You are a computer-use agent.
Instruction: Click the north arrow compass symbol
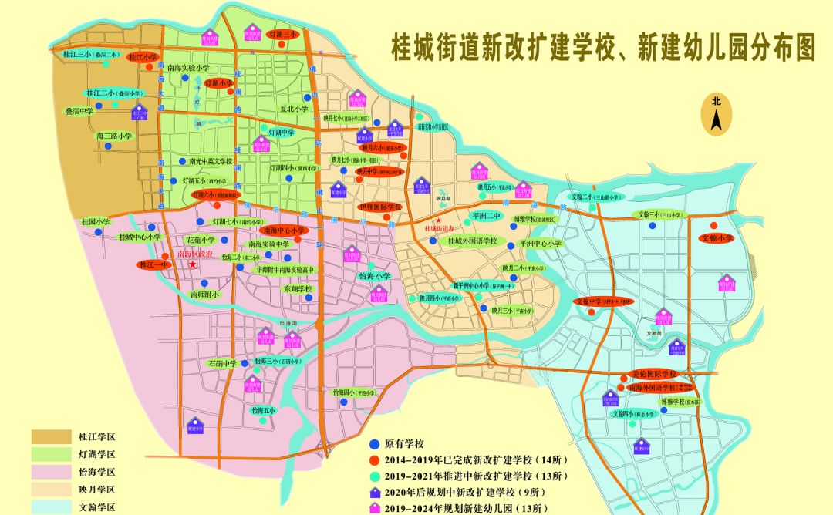(x=716, y=115)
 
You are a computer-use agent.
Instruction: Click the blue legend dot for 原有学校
(x=375, y=444)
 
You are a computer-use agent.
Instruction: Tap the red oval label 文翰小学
(x=717, y=238)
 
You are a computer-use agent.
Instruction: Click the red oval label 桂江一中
(x=153, y=264)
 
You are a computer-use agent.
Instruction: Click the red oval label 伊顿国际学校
(x=380, y=207)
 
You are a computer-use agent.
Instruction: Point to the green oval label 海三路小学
(x=115, y=136)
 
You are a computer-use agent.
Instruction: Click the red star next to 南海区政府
(x=191, y=264)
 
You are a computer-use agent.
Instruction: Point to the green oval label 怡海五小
(x=263, y=410)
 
